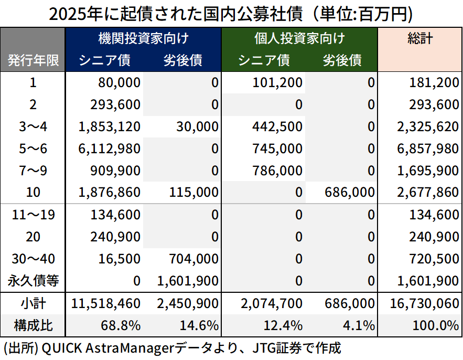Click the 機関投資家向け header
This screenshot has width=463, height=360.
point(143,38)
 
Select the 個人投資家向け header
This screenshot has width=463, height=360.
point(299,38)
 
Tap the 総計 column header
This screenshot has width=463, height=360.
point(420,38)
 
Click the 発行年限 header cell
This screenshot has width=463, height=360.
point(33,60)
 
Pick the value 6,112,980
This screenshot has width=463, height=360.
point(110,149)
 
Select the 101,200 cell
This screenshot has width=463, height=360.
point(278,82)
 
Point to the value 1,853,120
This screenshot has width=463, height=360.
point(110,126)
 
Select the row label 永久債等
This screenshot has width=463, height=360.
point(33,281)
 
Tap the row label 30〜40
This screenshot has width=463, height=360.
point(33,259)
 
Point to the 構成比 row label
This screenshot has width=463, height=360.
point(33,325)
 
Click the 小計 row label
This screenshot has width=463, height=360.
point(33,303)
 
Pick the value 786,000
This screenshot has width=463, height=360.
point(278,171)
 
